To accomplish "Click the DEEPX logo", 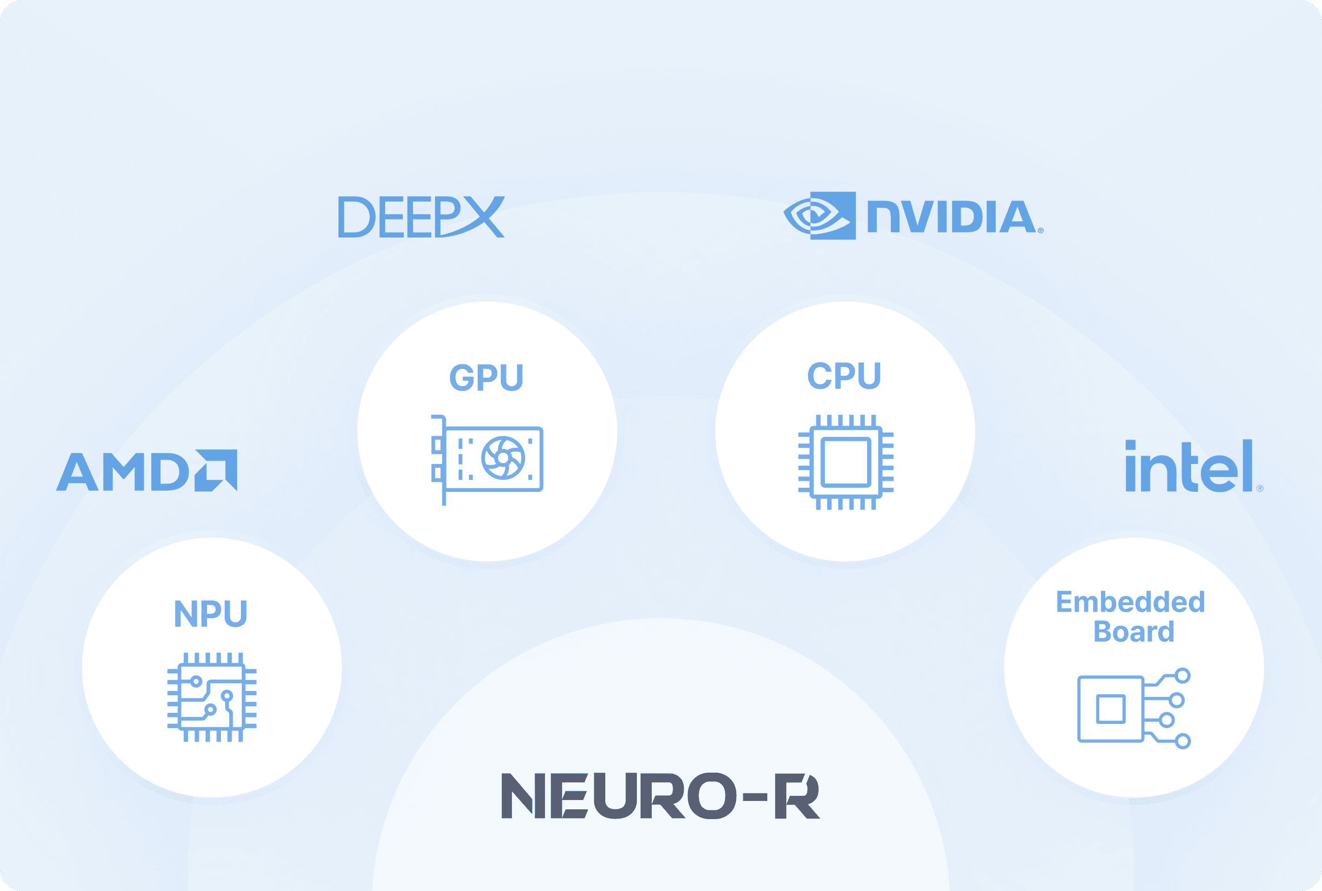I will click(x=421, y=217).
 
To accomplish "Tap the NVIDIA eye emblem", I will click(x=820, y=216).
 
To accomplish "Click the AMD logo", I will click(x=147, y=471).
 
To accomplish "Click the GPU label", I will click(x=486, y=377).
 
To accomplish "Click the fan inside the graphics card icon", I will click(x=503, y=458).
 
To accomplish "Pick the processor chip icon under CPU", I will click(x=846, y=462).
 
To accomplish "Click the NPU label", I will click(x=211, y=613).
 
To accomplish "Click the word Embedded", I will click(x=1130, y=602).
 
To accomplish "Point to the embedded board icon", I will click(x=1133, y=709).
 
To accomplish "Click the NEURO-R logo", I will click(x=661, y=795).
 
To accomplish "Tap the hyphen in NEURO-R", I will click(x=755, y=797).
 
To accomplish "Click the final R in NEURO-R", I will click(x=797, y=795).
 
